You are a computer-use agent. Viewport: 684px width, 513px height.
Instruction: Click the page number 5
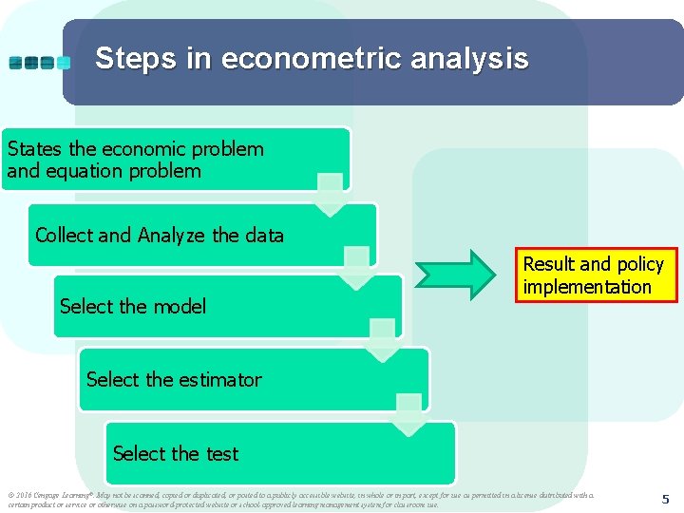coord(666,498)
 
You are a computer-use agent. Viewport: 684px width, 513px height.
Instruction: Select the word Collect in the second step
coord(64,235)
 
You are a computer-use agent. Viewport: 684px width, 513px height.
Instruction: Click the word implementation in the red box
coord(587,287)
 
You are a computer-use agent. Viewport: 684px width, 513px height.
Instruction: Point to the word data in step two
coord(263,235)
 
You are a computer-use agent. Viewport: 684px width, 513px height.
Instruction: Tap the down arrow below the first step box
coord(330,194)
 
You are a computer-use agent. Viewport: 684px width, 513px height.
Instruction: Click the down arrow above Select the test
coord(409,421)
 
